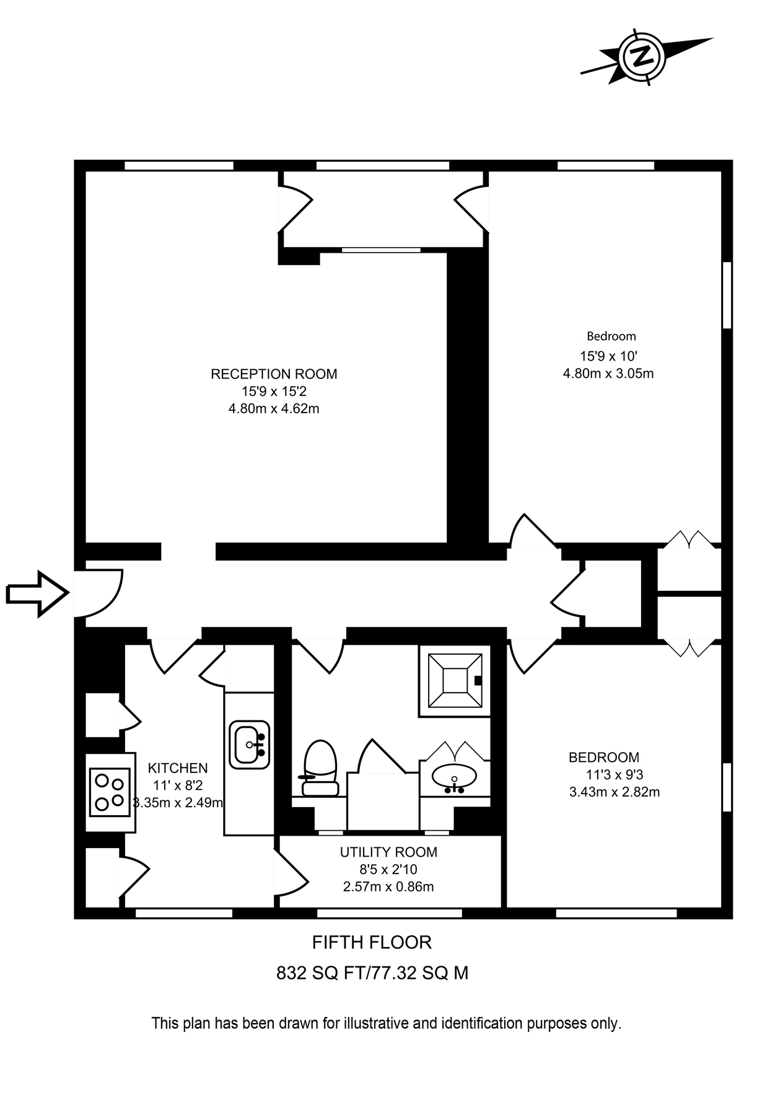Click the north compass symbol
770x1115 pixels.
pos(642,56)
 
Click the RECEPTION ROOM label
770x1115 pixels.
pos(274,374)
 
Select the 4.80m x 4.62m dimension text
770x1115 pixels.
pos(274,409)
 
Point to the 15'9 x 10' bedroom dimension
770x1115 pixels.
pos(608,356)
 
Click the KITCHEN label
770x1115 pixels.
pos(178,768)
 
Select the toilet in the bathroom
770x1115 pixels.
pos(320,768)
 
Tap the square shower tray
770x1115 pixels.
pos(455,681)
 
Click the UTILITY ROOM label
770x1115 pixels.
pos(388,852)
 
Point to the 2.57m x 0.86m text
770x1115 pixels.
pos(388,887)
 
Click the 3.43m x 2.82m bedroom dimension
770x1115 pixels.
pos(615,792)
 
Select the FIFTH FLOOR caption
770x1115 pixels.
pos(372,943)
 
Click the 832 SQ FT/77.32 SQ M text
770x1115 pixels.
pos(372,973)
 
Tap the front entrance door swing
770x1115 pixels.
pos(99,593)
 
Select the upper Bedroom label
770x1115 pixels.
pos(611,336)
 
